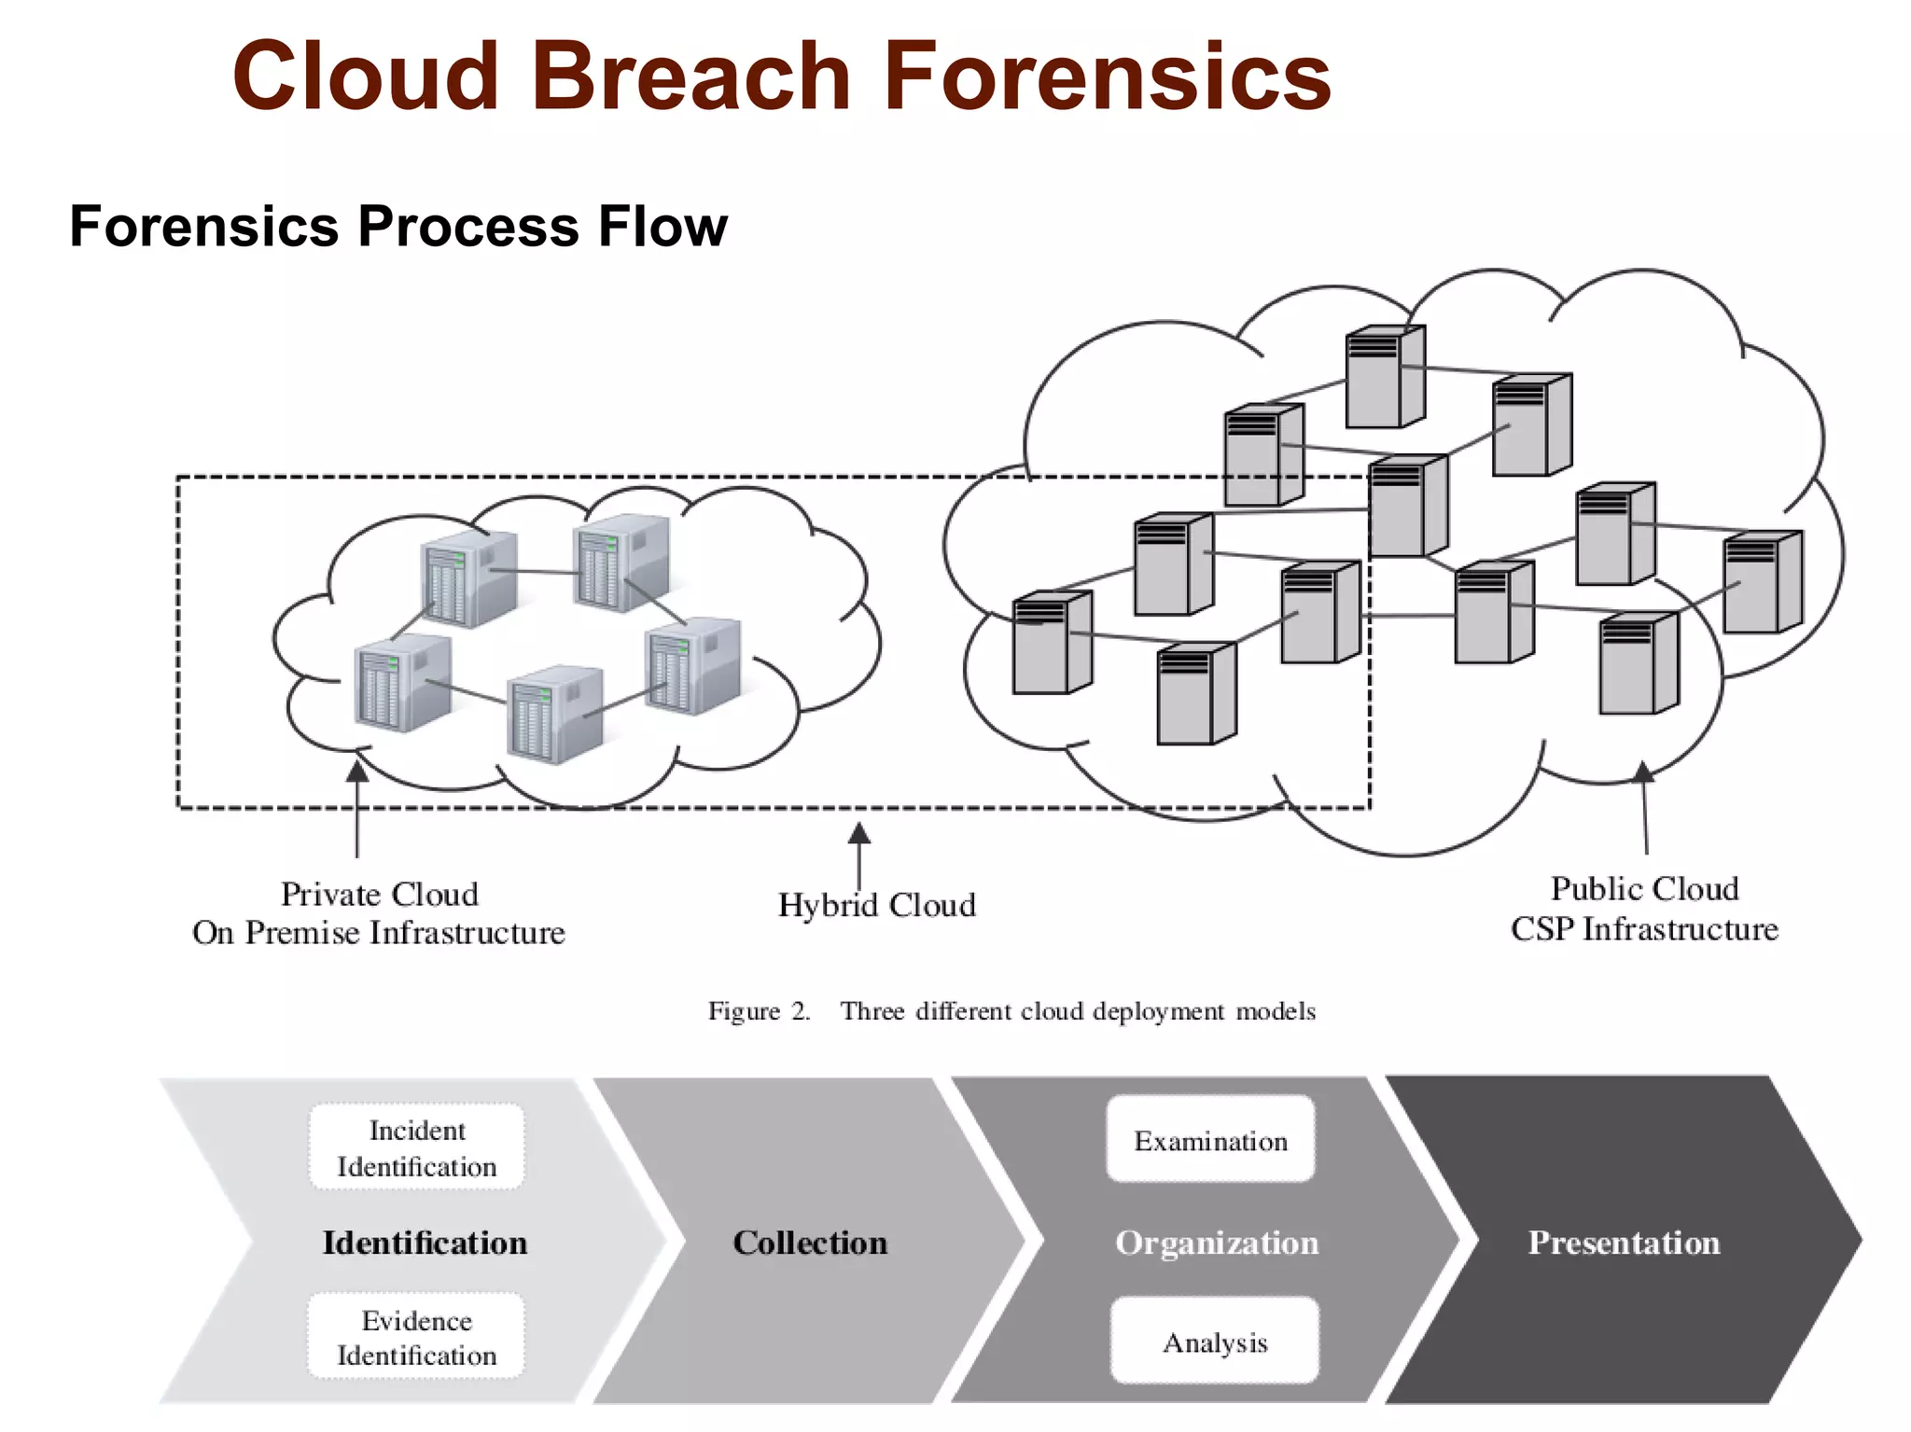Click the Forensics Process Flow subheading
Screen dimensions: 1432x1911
pyautogui.click(x=398, y=227)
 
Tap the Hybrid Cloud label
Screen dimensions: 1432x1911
pyautogui.click(x=876, y=905)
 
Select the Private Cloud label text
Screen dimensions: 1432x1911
pyautogui.click(x=379, y=894)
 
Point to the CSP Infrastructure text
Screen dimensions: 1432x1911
pyautogui.click(x=1644, y=929)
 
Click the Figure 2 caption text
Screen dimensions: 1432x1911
pyautogui.click(x=1011, y=1011)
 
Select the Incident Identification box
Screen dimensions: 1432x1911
pyautogui.click(x=416, y=1147)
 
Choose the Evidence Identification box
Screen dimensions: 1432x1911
pyautogui.click(x=416, y=1337)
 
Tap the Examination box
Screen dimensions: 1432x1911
pyautogui.click(x=1210, y=1140)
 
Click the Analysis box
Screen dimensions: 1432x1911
pyautogui.click(x=1215, y=1342)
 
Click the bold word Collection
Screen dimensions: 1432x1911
pyautogui.click(x=809, y=1243)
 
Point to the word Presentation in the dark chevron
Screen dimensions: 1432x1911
pyautogui.click(x=1624, y=1243)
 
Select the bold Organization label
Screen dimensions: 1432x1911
pyautogui.click(x=1217, y=1243)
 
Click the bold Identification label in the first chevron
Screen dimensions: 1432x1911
pyautogui.click(x=425, y=1243)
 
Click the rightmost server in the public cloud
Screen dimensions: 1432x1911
pyautogui.click(x=1763, y=582)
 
